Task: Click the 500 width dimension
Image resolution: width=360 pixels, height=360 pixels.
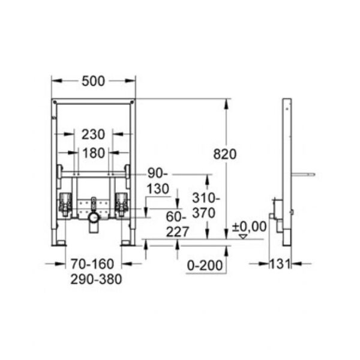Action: tap(93, 81)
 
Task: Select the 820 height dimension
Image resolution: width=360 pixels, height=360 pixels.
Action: tap(225, 154)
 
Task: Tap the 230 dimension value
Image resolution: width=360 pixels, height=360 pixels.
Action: tap(93, 134)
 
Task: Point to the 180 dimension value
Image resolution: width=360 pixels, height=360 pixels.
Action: tap(94, 153)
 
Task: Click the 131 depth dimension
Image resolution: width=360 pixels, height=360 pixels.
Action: tap(280, 264)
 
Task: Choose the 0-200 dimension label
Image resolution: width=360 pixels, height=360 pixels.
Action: tap(205, 265)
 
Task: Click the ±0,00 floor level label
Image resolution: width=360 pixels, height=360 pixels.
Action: tap(250, 227)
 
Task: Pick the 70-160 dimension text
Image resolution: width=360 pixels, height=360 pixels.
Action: tap(92, 264)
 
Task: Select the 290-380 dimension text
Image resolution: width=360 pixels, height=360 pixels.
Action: tap(96, 280)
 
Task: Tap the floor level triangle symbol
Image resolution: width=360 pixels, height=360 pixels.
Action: tap(243, 237)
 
